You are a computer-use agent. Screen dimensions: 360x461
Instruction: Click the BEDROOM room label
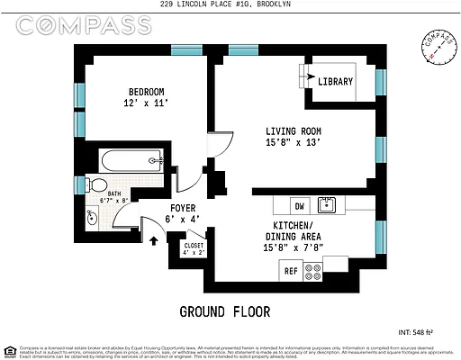point(145,92)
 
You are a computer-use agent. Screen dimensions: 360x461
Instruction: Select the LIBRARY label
point(336,82)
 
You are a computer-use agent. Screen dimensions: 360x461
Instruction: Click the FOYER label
point(185,209)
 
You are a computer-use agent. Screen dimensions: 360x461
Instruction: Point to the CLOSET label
point(194,244)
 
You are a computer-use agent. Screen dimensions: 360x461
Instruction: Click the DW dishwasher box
point(300,205)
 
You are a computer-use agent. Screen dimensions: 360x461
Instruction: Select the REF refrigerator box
point(291,270)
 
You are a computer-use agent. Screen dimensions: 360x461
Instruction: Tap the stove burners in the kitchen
point(314,270)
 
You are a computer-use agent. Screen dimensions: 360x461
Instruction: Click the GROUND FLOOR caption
point(224,311)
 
